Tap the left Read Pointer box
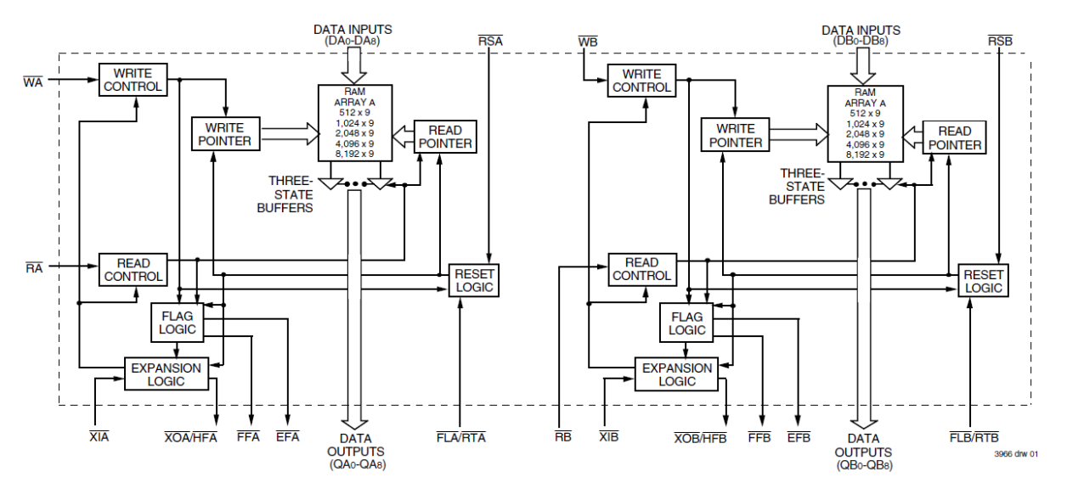[x=445, y=137]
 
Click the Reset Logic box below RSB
[x=983, y=281]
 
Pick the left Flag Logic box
[x=178, y=323]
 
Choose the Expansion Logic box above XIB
[x=677, y=374]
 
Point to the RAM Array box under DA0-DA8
[x=354, y=122]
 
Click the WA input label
[x=33, y=81]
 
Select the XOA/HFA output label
[x=191, y=438]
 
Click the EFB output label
[x=799, y=438]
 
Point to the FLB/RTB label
[x=972, y=438]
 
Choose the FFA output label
[x=248, y=438]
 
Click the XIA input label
[x=99, y=438]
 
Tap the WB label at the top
[x=586, y=41]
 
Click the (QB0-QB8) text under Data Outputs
[x=864, y=465]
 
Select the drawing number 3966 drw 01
[x=1016, y=454]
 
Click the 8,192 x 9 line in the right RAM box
[x=865, y=154]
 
